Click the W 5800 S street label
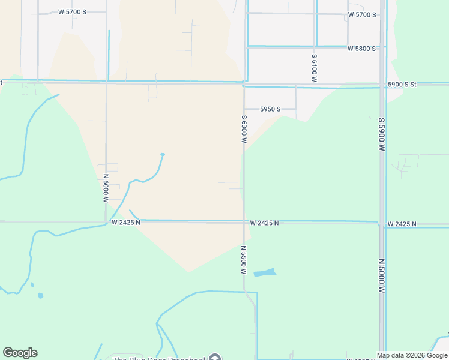point(361,48)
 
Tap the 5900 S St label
point(403,85)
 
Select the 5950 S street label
point(270,109)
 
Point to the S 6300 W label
point(244,129)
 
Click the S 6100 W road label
point(314,68)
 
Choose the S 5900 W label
point(381,134)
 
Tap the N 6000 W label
point(106,188)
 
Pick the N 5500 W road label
point(244,260)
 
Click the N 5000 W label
point(381,275)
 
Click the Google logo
point(20,353)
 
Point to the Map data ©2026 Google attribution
point(412,356)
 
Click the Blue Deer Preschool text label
point(159,358)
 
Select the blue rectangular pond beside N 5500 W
point(265,272)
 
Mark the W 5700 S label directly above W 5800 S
point(361,14)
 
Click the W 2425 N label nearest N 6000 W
point(126,222)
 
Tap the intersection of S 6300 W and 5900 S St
point(244,84)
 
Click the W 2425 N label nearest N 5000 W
point(402,224)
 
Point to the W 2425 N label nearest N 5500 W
point(265,223)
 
